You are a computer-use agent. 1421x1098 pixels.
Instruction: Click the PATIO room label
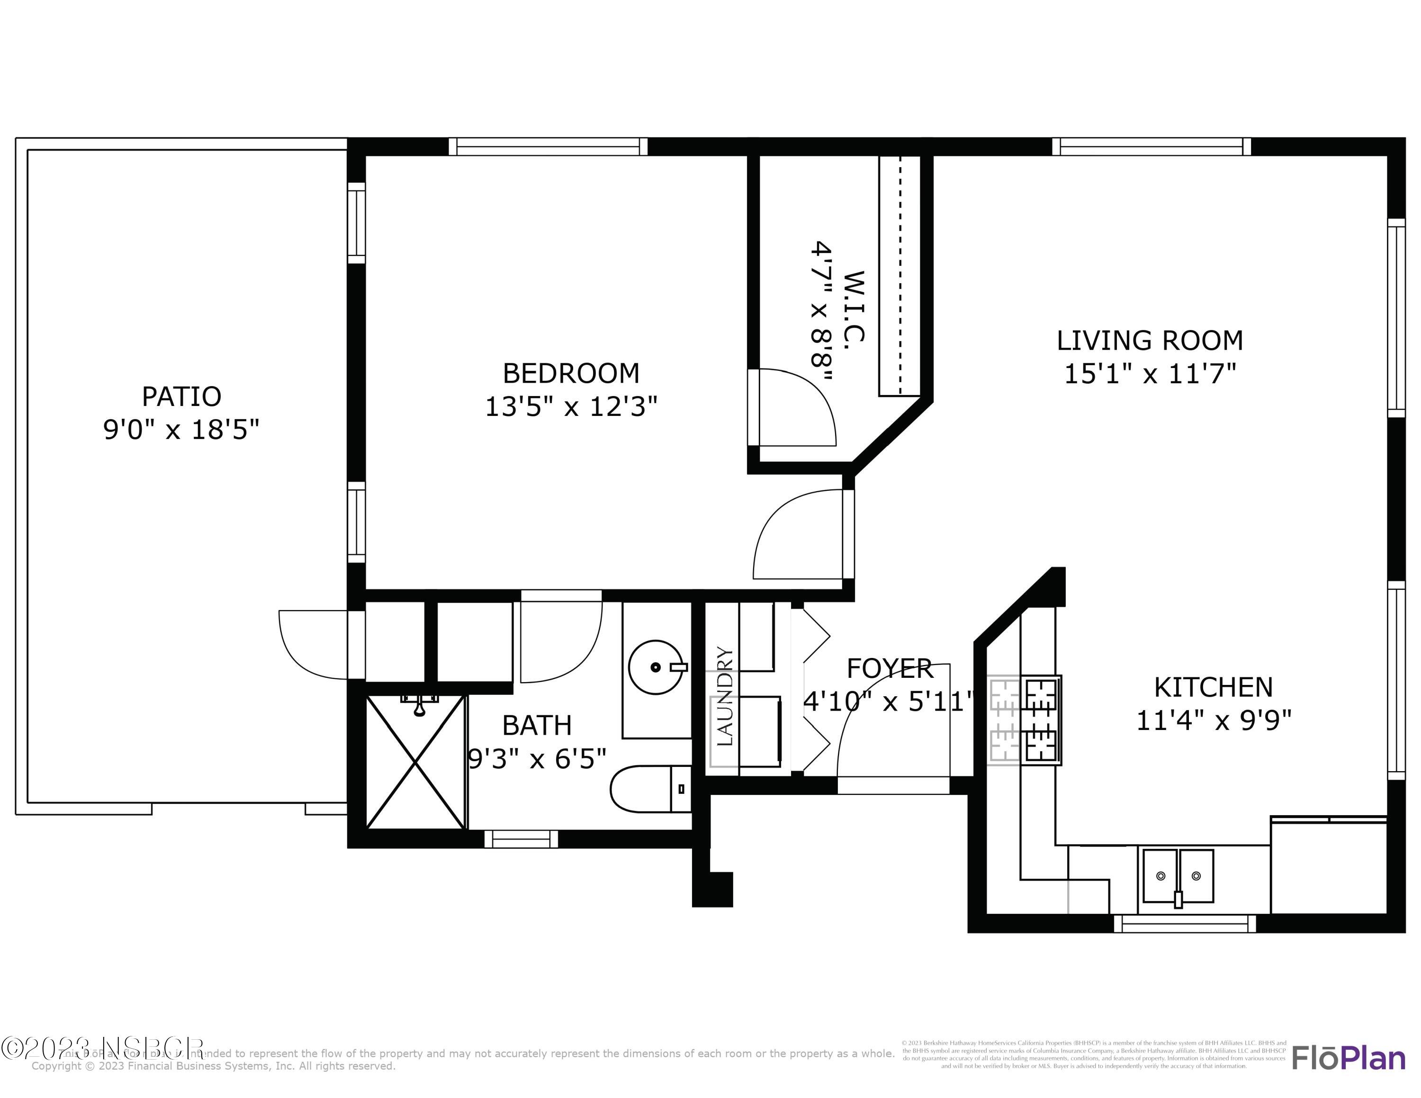pos(181,396)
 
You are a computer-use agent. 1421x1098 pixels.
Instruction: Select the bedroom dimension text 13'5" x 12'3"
pos(571,407)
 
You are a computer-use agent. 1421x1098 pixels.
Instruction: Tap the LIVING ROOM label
pos(1149,341)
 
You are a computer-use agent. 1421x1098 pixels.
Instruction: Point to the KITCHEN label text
pos(1213,687)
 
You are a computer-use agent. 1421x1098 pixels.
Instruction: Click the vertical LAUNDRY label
pos(724,696)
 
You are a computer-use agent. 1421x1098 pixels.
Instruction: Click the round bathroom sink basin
pos(655,667)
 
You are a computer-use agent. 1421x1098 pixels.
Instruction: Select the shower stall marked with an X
pos(416,762)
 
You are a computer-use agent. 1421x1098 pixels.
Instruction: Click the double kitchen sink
pos(1178,875)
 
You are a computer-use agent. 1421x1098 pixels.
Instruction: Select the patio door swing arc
pos(312,644)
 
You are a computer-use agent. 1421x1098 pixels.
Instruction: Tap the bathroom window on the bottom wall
pos(521,839)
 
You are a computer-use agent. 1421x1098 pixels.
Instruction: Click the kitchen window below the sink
pos(1185,923)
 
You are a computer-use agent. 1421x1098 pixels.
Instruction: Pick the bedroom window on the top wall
pos(548,146)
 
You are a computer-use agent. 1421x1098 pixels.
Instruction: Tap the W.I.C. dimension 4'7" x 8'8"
pos(822,312)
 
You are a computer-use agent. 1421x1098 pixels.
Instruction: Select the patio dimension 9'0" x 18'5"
pos(181,430)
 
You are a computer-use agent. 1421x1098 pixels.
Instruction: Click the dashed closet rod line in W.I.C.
pos(900,273)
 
